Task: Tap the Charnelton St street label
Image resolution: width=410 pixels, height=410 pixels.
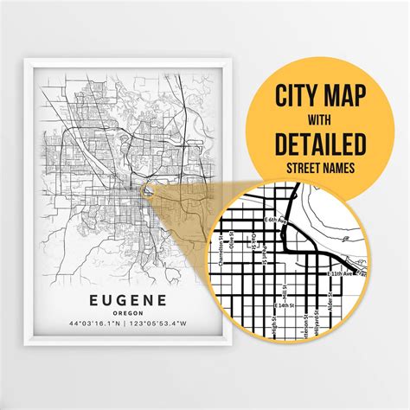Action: pos(227,250)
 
